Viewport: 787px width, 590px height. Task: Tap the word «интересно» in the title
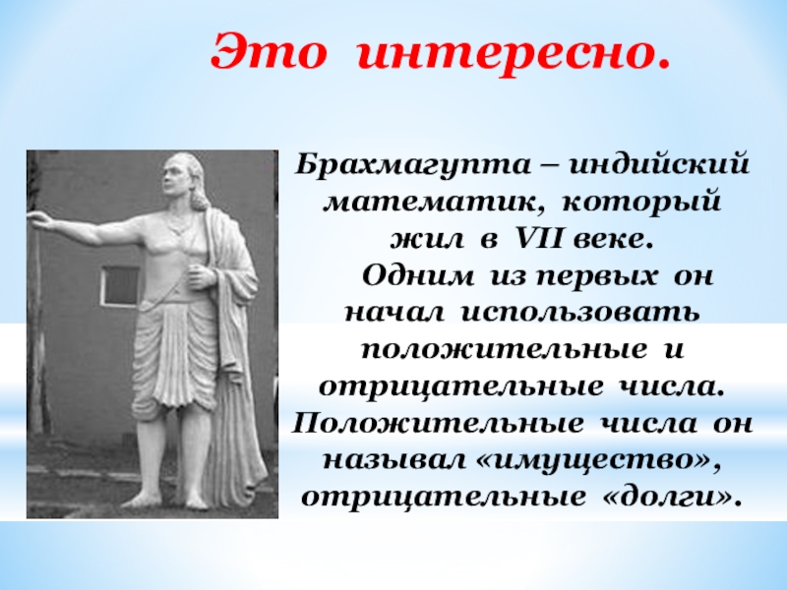click(507, 53)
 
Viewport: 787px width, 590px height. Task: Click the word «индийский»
click(658, 164)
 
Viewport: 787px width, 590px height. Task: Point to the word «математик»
click(430, 204)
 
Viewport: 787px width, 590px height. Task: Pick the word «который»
click(641, 203)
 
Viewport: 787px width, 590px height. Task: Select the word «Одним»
click(417, 275)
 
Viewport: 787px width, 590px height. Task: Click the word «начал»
click(394, 314)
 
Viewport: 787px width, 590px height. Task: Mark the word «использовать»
click(579, 314)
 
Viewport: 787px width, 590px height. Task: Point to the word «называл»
click(393, 461)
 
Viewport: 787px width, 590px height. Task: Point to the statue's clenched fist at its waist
click(200, 277)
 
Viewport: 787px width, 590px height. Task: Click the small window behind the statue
click(119, 286)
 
